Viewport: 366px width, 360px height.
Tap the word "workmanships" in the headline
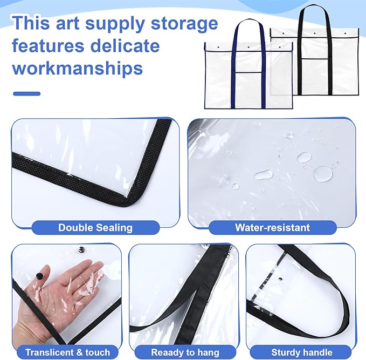pos(78,69)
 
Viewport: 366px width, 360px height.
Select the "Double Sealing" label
pos(95,227)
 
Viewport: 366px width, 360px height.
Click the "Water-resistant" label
pos(272,227)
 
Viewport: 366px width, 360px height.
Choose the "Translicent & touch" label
pos(67,352)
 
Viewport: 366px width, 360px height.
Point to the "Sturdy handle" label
pos(301,352)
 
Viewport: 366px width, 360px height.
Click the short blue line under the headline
pos(26,94)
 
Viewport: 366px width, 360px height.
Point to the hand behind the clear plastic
pos(65,291)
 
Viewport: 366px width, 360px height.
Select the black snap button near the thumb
pos(39,276)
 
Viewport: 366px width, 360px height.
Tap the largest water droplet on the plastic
pos(323,173)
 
